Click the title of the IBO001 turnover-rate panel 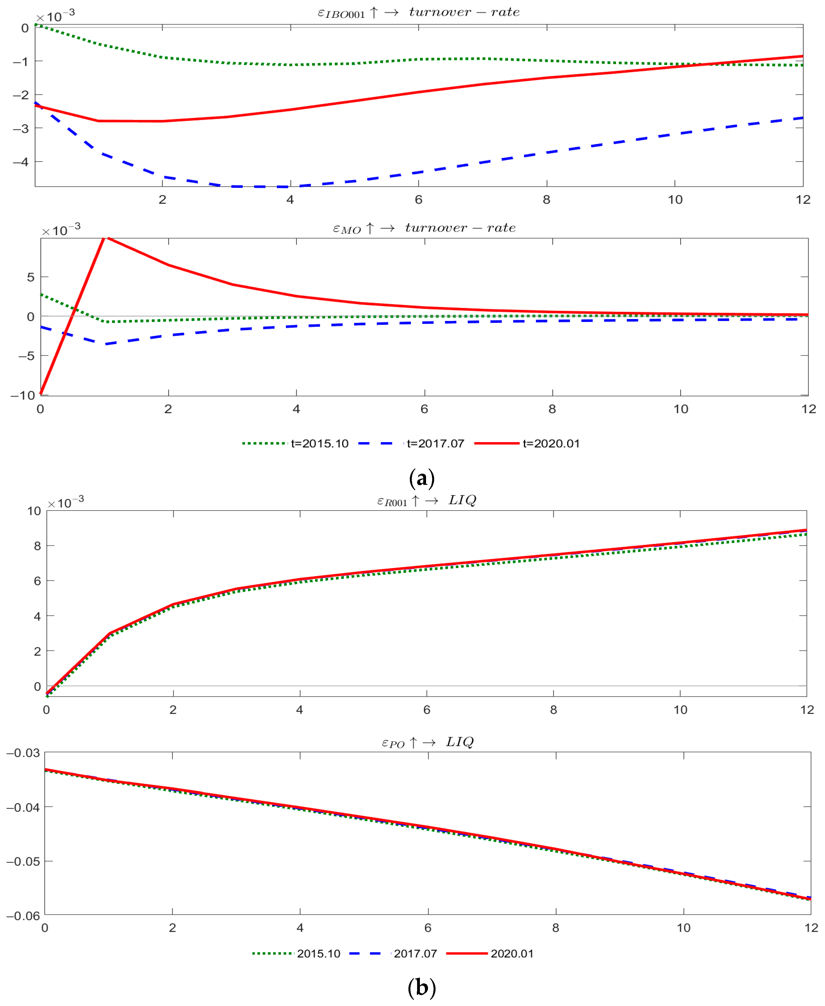point(418,12)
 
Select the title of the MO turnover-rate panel point(424,228)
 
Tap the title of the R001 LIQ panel point(426,500)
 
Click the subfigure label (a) point(422,478)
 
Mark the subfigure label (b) point(422,988)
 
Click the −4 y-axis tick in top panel point(20,162)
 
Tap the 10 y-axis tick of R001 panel point(34,511)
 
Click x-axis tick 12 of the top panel point(803,200)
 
